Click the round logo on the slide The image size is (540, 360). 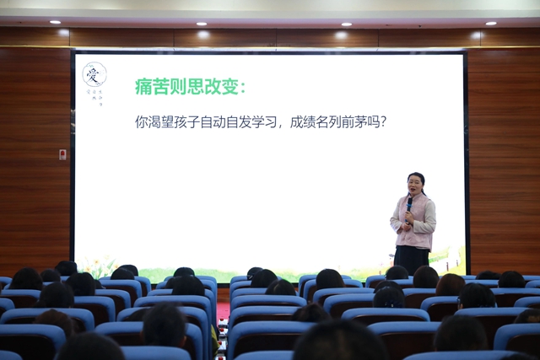click(94, 74)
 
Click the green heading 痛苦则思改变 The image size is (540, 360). click(191, 87)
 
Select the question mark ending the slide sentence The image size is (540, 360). click(382, 121)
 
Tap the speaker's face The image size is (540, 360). click(415, 183)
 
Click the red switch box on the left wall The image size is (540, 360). click(62, 154)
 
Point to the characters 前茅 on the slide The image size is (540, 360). click(356, 121)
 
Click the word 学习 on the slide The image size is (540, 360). click(261, 121)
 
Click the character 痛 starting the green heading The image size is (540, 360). click(144, 87)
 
